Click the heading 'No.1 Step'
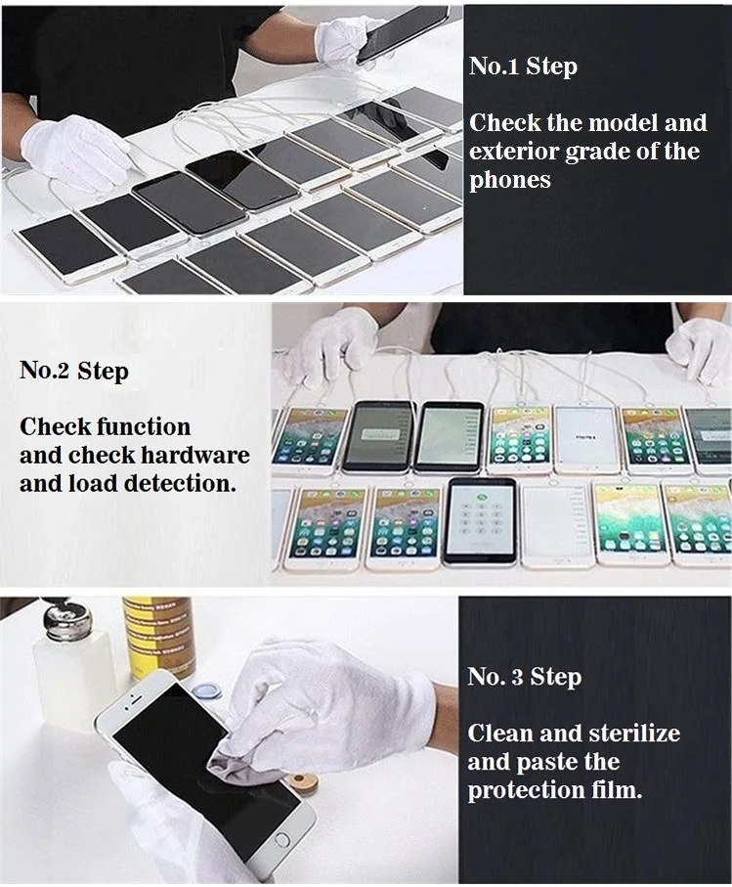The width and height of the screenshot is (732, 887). click(523, 67)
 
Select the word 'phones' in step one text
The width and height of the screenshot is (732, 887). click(510, 181)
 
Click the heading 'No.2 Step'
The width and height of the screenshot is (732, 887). click(74, 371)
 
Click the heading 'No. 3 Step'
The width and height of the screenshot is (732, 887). click(525, 677)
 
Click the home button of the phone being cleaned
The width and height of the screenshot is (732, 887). click(281, 839)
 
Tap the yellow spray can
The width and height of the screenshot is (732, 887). click(159, 637)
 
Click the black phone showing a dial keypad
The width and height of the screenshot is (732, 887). click(480, 520)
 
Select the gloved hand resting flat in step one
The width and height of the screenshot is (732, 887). click(76, 150)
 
